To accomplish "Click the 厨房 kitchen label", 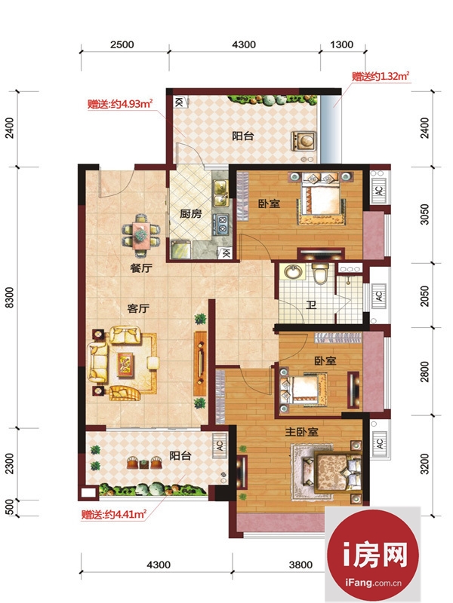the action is click(x=191, y=213).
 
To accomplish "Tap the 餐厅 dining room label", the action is click(x=141, y=268).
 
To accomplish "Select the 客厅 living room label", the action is click(x=138, y=308).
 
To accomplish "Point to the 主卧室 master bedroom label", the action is click(x=301, y=431).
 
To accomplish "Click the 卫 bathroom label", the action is click(x=311, y=305).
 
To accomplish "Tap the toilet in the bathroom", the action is click(x=320, y=273).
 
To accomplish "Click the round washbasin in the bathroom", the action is click(x=294, y=272).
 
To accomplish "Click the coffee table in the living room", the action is click(x=125, y=363).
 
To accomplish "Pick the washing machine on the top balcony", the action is click(x=304, y=141).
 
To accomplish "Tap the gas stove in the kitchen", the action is click(x=223, y=224).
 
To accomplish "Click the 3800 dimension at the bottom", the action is click(x=300, y=565).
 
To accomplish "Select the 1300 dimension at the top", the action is click(x=342, y=44).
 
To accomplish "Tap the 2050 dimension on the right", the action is click(x=424, y=295).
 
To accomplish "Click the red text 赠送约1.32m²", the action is click(x=381, y=76).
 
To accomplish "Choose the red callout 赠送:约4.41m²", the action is click(x=114, y=514).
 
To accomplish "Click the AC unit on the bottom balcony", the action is click(x=220, y=445).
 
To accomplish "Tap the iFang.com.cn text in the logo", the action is click(x=373, y=583).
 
